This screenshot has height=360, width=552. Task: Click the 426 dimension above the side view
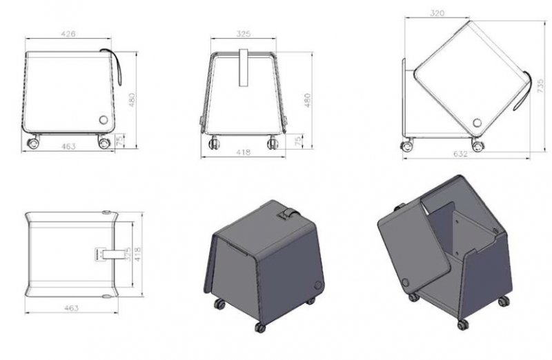click(68, 32)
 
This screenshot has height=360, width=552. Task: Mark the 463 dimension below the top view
click(70, 307)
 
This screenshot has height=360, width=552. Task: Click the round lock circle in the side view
click(105, 119)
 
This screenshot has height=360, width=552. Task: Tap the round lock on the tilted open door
click(477, 123)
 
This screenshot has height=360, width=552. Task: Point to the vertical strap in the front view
click(244, 68)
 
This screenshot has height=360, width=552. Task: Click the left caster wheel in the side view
click(32, 143)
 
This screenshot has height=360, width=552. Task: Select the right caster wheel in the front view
click(273, 143)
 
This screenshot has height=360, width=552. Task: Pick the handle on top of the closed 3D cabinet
click(285, 215)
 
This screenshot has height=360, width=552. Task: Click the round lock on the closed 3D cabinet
click(317, 284)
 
